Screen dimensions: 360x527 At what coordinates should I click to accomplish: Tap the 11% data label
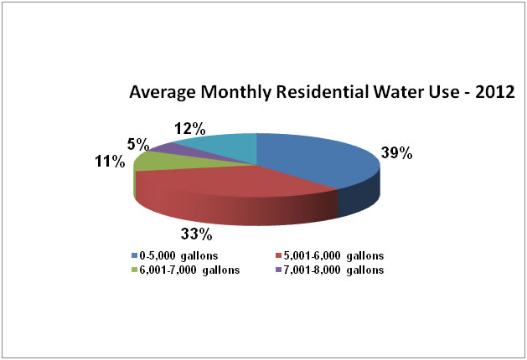click(x=111, y=161)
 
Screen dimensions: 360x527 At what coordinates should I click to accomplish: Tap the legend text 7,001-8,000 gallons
click(x=338, y=270)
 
